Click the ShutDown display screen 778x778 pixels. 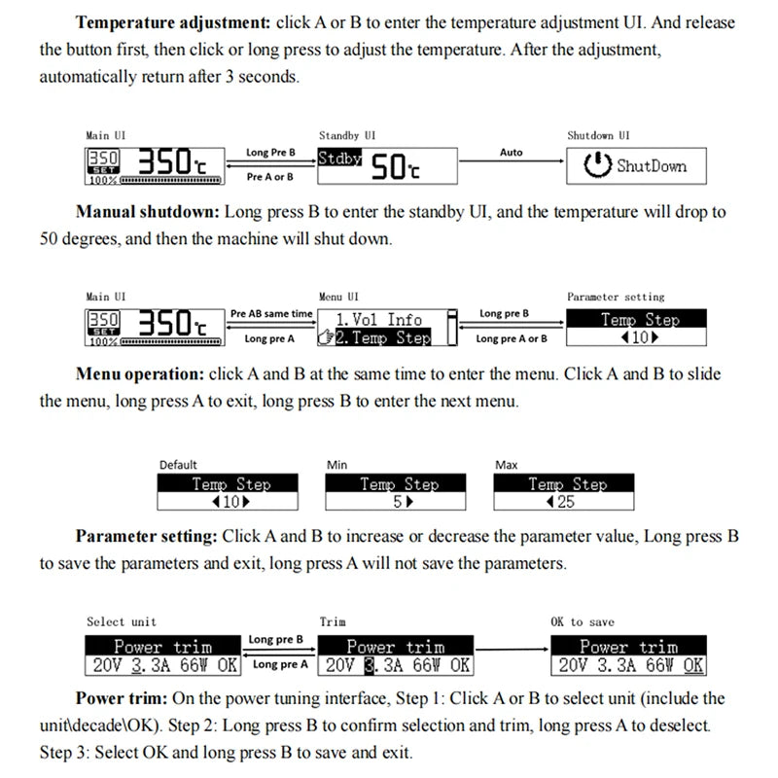[x=635, y=166]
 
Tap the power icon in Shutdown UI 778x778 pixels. [x=597, y=166]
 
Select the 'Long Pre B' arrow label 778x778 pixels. [x=270, y=153]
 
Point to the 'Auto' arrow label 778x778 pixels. [x=511, y=153]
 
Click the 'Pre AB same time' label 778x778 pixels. [x=272, y=314]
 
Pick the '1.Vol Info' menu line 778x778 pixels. [x=378, y=319]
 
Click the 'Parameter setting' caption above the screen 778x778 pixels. [x=616, y=297]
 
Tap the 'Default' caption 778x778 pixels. [x=178, y=465]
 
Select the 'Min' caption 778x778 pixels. [x=336, y=465]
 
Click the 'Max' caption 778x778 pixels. [x=506, y=465]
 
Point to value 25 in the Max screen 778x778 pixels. [x=566, y=502]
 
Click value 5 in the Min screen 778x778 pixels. [x=397, y=502]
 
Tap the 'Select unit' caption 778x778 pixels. [x=122, y=621]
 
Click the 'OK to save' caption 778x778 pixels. [x=583, y=621]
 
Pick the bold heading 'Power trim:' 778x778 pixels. [x=121, y=698]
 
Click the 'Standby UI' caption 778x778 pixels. [x=347, y=135]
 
